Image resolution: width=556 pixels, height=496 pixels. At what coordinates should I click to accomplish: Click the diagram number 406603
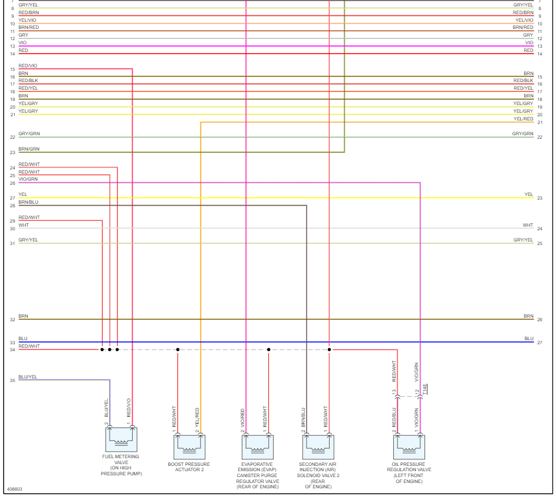click(x=14, y=489)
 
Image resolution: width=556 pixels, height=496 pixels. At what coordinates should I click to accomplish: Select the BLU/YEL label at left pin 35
click(x=28, y=377)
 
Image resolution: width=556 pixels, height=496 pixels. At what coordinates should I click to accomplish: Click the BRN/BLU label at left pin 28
click(x=28, y=203)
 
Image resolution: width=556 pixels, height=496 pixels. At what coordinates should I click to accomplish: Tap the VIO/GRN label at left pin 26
click(x=28, y=179)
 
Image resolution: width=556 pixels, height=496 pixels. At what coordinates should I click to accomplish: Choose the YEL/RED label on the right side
click(x=523, y=119)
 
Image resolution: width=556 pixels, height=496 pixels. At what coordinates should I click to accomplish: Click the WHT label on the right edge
click(x=528, y=225)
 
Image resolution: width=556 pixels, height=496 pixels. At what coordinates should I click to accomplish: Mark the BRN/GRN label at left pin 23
click(x=29, y=149)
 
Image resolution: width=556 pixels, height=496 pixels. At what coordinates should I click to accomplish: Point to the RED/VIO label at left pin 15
click(x=28, y=66)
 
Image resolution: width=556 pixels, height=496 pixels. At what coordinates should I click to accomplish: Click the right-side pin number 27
click(x=539, y=342)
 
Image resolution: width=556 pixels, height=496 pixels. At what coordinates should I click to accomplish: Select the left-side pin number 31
click(x=12, y=244)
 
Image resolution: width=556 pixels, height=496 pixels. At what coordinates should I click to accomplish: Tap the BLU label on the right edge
click(x=528, y=339)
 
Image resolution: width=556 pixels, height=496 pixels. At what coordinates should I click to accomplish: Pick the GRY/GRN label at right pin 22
click(x=522, y=134)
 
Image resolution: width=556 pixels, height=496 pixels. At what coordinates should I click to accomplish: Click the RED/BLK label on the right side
click(x=523, y=80)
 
